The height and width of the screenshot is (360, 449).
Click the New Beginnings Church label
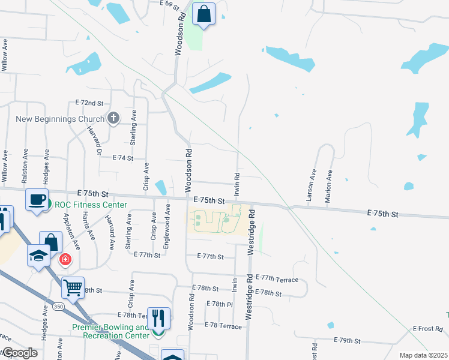coord(60,119)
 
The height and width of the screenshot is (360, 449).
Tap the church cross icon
coord(113,118)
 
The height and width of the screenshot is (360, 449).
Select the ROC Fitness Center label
coord(91,205)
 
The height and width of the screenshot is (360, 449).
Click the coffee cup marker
coord(37,199)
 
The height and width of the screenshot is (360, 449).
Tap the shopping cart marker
coord(73,287)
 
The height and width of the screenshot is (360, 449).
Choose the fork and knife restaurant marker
coord(158,318)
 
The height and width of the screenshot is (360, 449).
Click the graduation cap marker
coord(38,257)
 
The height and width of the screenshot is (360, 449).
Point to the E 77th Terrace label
coord(277,279)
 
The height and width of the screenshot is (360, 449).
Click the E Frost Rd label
coord(427,329)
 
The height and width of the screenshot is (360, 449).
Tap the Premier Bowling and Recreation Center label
coord(110,331)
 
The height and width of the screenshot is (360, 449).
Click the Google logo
coord(20,353)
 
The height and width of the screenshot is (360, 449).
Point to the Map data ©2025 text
coord(423,355)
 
